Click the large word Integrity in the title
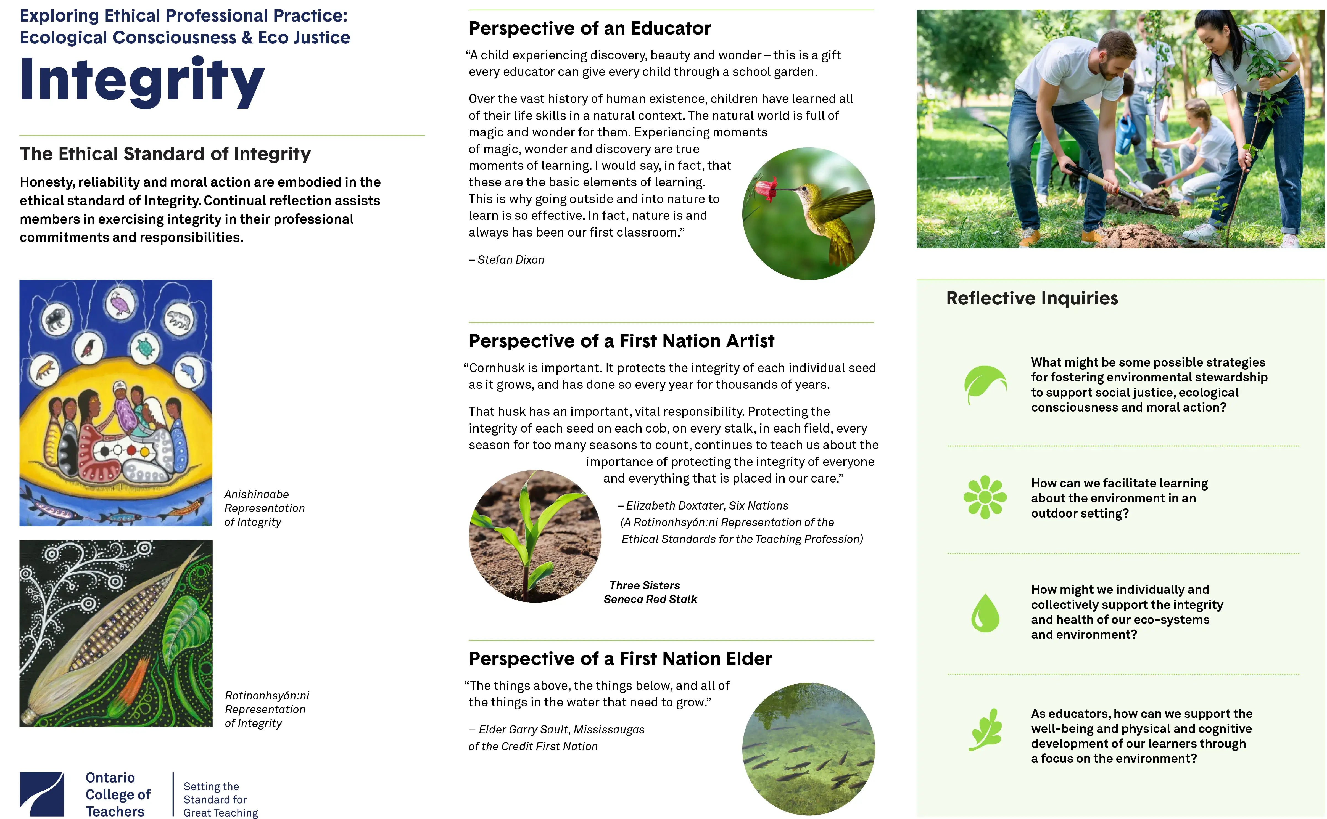coord(142,81)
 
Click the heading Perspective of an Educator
coord(590,28)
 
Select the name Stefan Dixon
coord(510,260)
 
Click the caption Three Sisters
coord(644,585)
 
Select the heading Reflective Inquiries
coord(1032,298)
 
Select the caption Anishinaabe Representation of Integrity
coord(264,508)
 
